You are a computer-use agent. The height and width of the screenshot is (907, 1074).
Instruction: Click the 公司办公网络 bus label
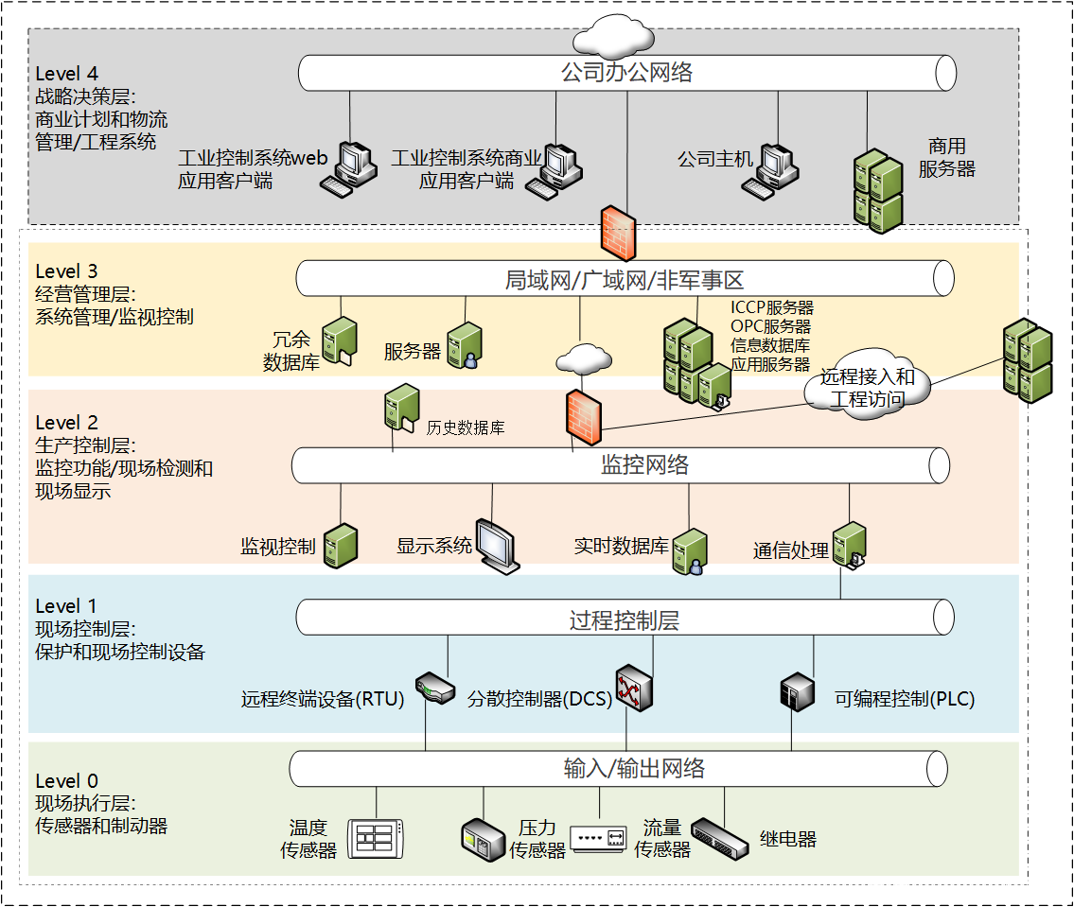[x=626, y=73]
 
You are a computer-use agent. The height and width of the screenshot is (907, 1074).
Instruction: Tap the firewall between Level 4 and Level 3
[x=619, y=233]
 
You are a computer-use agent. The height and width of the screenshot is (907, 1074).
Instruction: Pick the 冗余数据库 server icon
[x=339, y=340]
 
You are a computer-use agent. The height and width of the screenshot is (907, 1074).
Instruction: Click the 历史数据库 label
[x=466, y=427]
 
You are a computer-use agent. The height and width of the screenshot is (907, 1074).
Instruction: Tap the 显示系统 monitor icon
[x=498, y=547]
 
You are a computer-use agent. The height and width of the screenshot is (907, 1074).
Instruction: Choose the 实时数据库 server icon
[x=690, y=551]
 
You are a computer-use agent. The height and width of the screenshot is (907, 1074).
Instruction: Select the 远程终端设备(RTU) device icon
[x=434, y=688]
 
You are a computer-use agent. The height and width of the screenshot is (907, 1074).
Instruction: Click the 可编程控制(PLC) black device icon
[x=796, y=692]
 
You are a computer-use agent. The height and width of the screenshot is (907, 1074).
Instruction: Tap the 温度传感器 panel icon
[x=377, y=838]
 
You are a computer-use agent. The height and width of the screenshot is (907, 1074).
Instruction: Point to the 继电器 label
[x=787, y=839]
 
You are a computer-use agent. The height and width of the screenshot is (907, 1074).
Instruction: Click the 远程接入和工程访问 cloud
[x=867, y=388]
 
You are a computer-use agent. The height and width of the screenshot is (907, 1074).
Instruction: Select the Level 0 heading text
[x=66, y=781]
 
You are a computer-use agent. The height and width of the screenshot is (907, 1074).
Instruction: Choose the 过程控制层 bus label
[x=625, y=620]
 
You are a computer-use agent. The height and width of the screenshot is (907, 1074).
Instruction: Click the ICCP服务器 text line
[x=771, y=307]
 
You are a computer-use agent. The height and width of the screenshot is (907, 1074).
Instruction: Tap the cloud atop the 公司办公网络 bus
[x=613, y=37]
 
